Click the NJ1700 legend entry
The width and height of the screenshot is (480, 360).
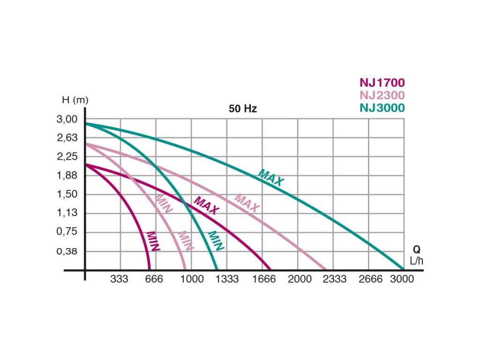(382, 83)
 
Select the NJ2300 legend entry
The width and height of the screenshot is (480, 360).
(382, 95)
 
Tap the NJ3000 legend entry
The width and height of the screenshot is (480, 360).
(382, 107)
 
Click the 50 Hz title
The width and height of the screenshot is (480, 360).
(243, 109)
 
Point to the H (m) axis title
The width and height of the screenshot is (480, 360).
(75, 100)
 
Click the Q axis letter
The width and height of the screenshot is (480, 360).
(417, 250)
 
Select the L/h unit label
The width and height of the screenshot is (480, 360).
(417, 261)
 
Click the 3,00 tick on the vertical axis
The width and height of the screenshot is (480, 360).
(67, 120)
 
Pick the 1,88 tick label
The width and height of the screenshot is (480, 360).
(67, 176)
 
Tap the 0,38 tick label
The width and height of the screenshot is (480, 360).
(67, 251)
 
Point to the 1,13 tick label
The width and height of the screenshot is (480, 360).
(67, 213)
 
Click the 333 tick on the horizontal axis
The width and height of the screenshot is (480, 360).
(120, 279)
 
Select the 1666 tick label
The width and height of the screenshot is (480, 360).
(264, 279)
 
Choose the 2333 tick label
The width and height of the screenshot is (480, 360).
(335, 279)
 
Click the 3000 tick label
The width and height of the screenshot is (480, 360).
(402, 279)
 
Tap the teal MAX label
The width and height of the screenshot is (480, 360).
(271, 178)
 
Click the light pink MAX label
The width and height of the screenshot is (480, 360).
(247, 202)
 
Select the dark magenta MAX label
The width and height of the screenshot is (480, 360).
(206, 205)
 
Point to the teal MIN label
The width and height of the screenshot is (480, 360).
(216, 241)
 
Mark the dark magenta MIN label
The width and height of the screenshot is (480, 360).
(153, 241)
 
